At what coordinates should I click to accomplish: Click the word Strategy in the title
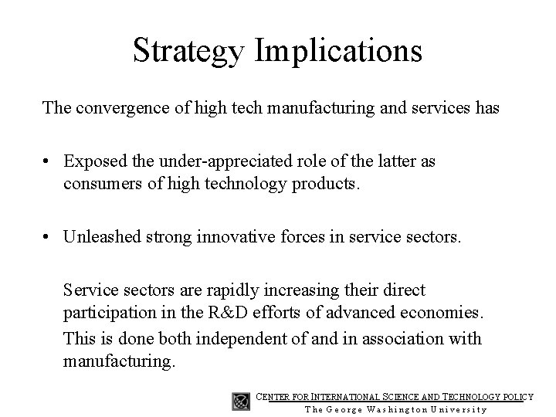pyautogui.click(x=190, y=51)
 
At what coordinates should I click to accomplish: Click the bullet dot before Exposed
pyautogui.click(x=48, y=161)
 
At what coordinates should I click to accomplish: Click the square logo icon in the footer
pyautogui.click(x=240, y=402)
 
